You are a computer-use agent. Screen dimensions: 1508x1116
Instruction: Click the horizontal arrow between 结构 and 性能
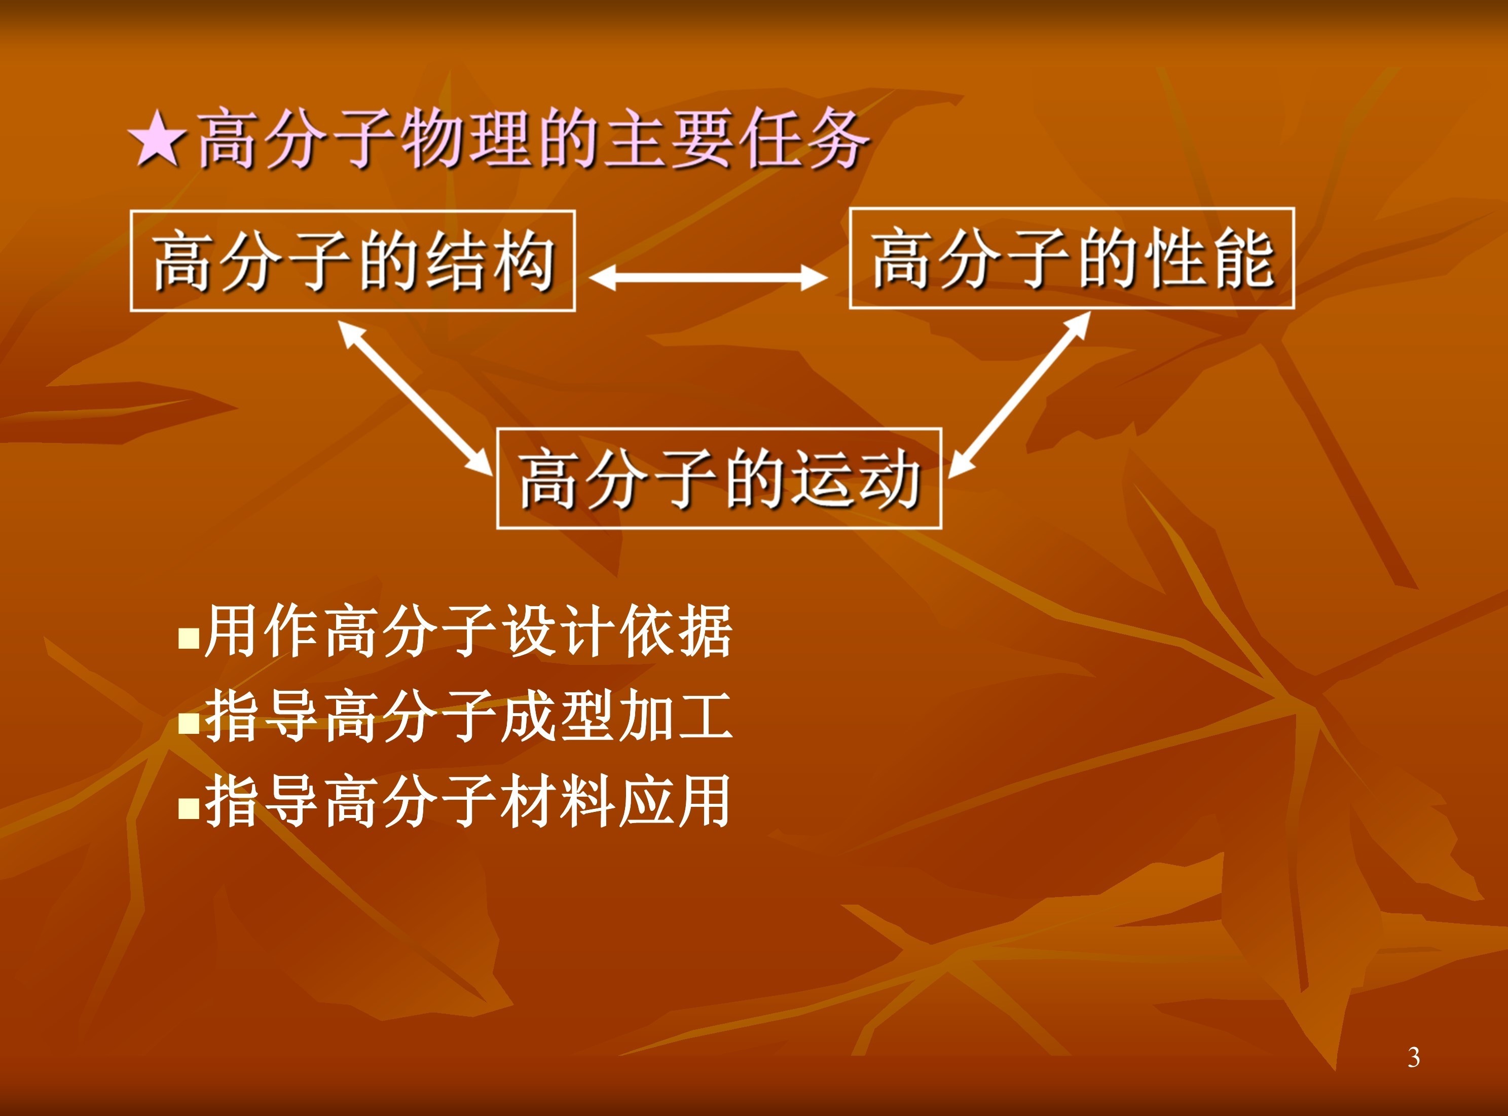click(708, 277)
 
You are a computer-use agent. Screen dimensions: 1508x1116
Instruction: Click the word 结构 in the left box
click(491, 261)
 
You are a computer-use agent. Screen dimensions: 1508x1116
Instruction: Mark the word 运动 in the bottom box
click(857, 479)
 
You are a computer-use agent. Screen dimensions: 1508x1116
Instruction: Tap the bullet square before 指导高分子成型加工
click(189, 724)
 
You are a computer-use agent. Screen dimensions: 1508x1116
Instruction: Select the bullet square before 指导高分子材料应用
click(189, 808)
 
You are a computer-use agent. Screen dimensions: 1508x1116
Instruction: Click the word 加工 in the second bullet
click(676, 716)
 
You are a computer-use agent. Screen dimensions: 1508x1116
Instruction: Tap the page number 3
click(1413, 1057)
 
